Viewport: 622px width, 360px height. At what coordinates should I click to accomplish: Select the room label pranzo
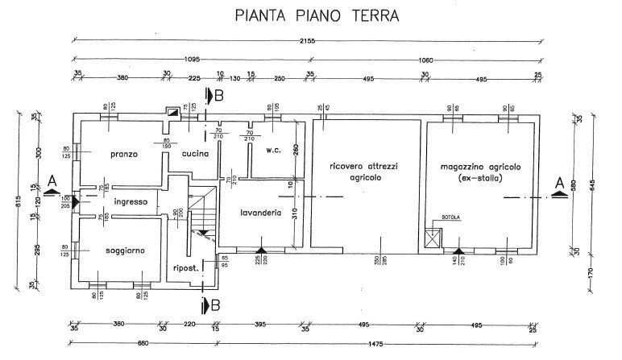pyautogui.click(x=126, y=154)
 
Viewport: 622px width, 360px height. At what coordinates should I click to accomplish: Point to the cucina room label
pyautogui.click(x=196, y=154)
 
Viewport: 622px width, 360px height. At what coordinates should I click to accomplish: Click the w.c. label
pyautogui.click(x=272, y=149)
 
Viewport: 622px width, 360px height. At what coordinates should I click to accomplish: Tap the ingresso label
pyautogui.click(x=131, y=201)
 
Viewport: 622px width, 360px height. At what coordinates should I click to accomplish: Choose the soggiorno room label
pyautogui.click(x=126, y=250)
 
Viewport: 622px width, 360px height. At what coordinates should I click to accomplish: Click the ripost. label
pyautogui.click(x=187, y=268)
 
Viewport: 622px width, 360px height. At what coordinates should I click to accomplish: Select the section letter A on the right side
pyautogui.click(x=558, y=183)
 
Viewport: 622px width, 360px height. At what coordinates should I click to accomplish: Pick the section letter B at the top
pyautogui.click(x=218, y=96)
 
